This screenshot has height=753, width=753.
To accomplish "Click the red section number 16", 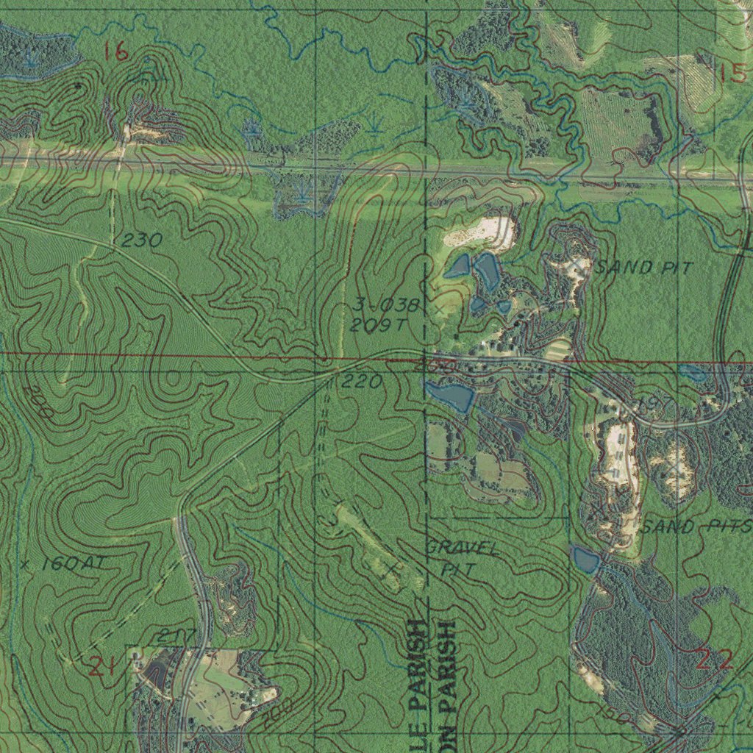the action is (x=115, y=51).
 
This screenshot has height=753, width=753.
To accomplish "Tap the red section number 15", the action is (x=732, y=74).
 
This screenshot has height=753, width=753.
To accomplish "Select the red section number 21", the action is (x=101, y=667).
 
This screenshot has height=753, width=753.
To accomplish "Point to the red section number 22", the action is (x=714, y=660).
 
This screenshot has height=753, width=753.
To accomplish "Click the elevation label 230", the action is (x=142, y=240).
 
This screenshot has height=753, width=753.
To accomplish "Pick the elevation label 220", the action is (x=362, y=382).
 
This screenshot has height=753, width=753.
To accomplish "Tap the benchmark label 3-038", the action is (x=386, y=304).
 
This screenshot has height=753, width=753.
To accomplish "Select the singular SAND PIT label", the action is (x=644, y=268).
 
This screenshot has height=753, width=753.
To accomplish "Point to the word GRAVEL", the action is (x=463, y=549).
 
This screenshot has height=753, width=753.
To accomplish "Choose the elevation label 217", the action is (x=176, y=635).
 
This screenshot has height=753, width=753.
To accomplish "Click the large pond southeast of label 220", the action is (x=449, y=396).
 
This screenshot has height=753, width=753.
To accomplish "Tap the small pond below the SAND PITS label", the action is (x=585, y=560).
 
